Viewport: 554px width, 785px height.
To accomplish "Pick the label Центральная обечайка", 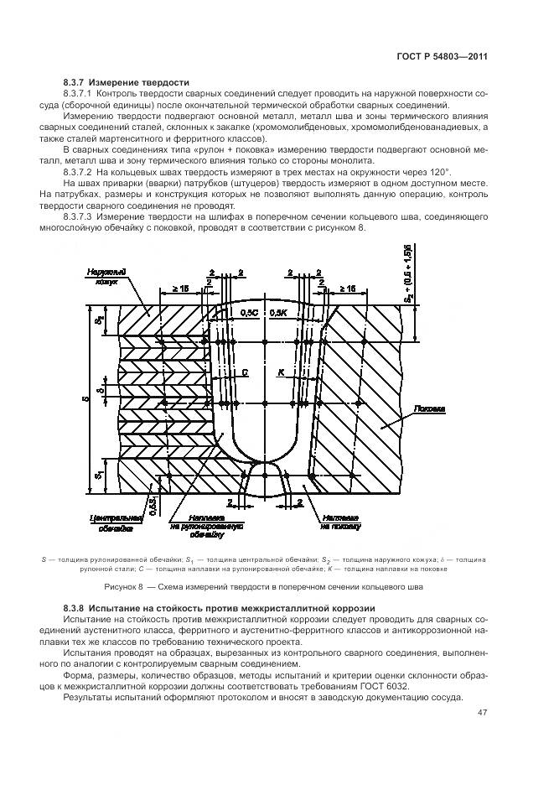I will tap(107, 524).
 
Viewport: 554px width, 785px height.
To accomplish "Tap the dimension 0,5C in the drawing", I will tap(249, 312).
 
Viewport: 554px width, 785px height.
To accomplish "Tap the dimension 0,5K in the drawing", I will tap(277, 312).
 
